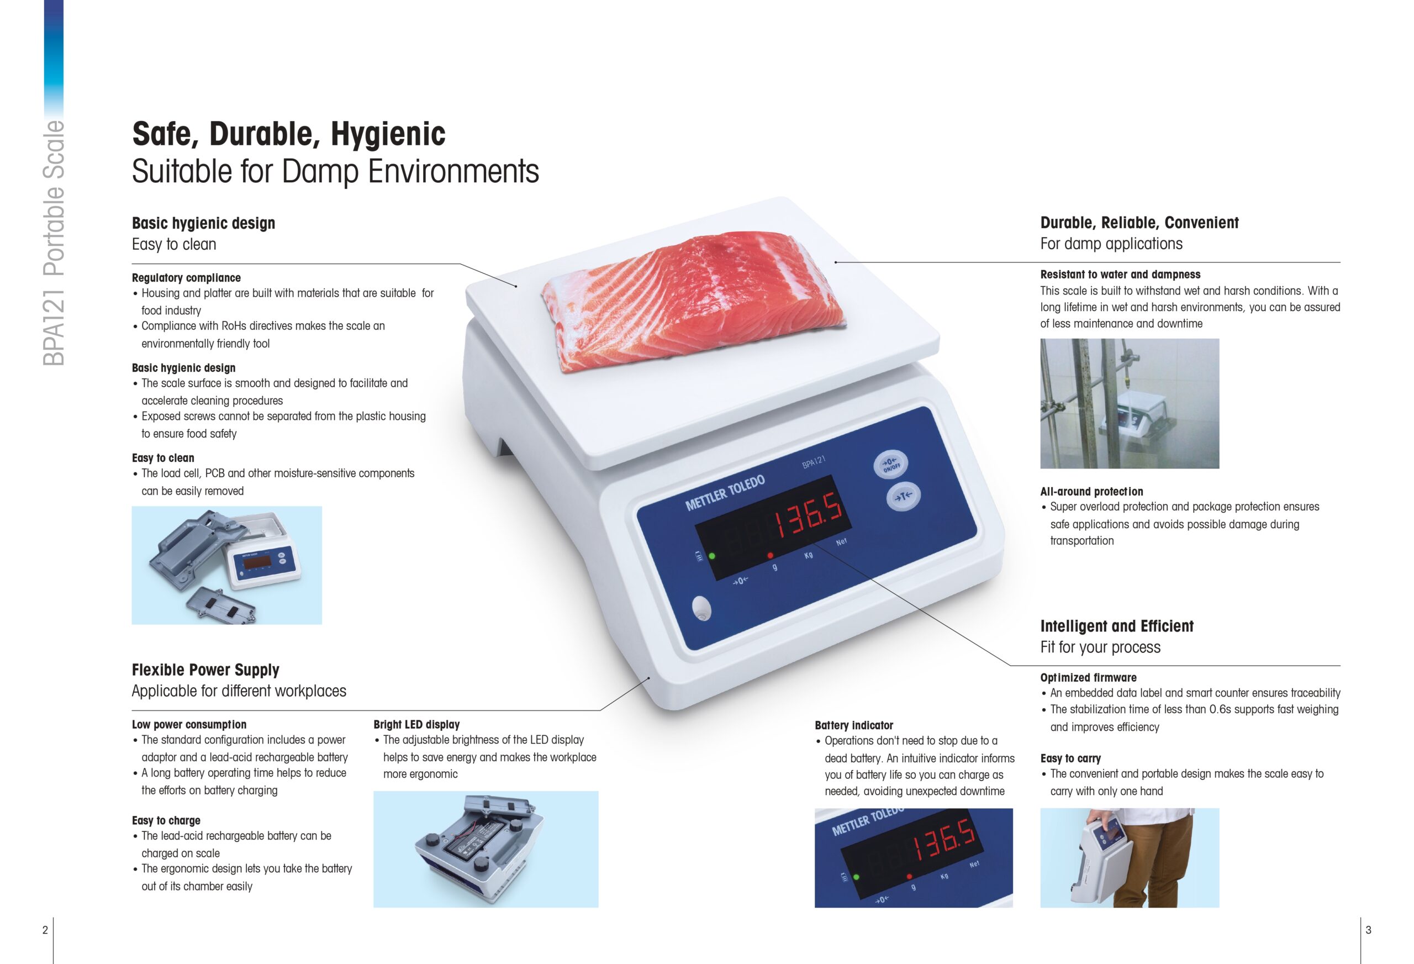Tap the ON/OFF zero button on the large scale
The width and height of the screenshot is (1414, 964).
point(891,465)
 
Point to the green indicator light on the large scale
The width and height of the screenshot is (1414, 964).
point(712,556)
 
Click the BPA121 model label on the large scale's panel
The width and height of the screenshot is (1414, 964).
point(814,462)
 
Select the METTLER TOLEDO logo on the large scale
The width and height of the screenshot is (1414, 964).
point(725,493)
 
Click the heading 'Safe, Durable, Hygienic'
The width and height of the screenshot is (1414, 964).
point(288,134)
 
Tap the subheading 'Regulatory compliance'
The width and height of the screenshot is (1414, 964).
point(186,277)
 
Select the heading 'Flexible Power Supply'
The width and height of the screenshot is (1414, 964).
point(205,670)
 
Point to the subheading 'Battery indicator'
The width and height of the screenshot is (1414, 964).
point(853,725)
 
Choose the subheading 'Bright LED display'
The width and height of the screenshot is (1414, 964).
point(417,724)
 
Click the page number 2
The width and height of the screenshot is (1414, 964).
point(45,929)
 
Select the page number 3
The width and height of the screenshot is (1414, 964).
point(1368,929)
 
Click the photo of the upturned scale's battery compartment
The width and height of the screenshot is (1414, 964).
point(486,849)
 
